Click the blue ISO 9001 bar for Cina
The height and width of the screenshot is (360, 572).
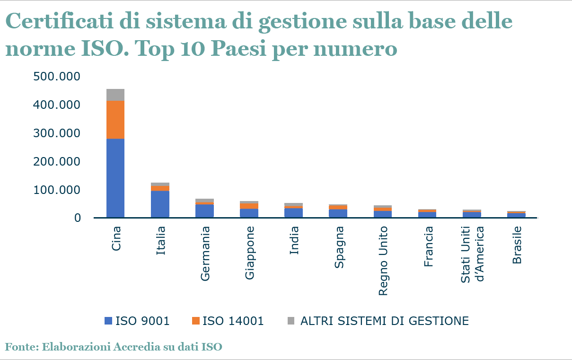109,177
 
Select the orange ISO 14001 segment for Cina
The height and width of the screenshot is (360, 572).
109,119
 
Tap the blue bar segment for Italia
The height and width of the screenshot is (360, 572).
160,203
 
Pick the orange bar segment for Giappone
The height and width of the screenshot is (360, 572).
249,206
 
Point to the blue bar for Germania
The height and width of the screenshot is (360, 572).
204,211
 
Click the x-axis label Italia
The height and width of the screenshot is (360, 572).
161,241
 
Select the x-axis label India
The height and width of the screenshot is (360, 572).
294,241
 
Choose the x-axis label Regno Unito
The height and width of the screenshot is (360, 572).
383,260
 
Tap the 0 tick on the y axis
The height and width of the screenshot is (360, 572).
77,218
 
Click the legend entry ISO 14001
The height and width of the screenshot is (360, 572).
232,320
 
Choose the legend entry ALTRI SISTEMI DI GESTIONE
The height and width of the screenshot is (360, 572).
384,320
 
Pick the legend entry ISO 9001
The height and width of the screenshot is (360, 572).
142,320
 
